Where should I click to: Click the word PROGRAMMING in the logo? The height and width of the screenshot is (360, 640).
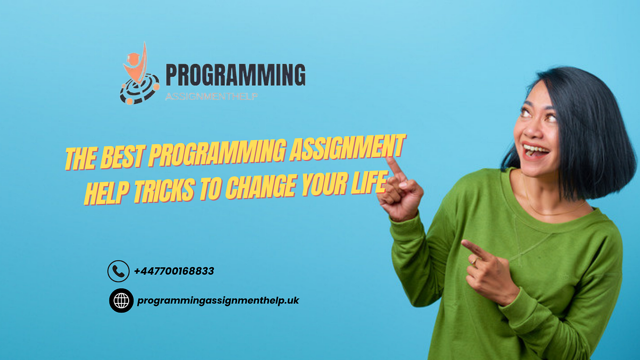[x=235, y=75]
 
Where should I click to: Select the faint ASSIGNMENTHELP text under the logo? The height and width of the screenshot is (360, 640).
[x=211, y=97]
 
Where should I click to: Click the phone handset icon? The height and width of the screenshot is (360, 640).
[x=118, y=271]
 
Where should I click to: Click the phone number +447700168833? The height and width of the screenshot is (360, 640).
[x=174, y=271]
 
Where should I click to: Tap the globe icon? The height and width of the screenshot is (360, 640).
[x=121, y=300]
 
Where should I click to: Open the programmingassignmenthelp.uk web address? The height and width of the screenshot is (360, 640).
[x=218, y=300]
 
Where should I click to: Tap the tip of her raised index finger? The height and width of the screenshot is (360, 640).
[x=389, y=159]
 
